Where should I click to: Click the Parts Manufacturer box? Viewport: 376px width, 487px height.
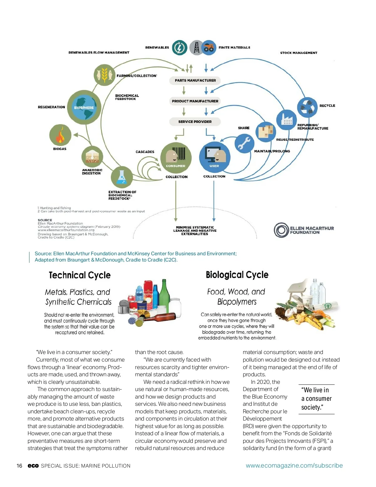coord(195,81)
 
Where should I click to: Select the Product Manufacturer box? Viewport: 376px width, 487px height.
coord(195,101)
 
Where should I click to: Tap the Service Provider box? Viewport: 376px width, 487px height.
coord(195,122)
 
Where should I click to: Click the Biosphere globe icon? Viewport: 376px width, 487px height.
coord(84,107)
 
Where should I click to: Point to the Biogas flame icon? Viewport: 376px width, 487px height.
coord(60,135)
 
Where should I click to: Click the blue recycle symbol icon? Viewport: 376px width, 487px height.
coord(307,107)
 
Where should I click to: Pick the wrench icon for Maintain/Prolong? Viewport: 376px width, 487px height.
coord(244,143)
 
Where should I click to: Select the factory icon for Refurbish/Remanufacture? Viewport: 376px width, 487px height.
coord(286,119)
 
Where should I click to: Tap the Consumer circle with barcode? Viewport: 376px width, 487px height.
coord(175,157)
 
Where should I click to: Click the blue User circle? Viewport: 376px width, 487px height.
coord(215,157)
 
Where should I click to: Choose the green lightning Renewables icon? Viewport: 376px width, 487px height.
coord(180,48)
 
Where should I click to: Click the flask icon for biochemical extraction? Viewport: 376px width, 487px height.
coord(122,177)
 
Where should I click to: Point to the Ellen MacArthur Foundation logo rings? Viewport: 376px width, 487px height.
coord(281,230)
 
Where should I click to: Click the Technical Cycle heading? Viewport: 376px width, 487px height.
coord(80,275)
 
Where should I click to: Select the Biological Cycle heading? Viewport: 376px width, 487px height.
coord(237,275)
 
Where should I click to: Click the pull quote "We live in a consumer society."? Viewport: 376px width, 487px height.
coord(316,399)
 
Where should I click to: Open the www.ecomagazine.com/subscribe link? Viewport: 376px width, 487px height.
coord(294,466)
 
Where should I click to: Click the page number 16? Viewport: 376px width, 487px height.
coord(19,466)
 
